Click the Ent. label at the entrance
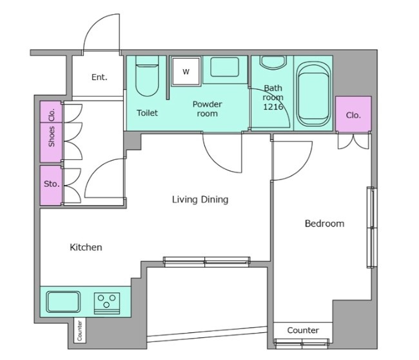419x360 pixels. click(x=99, y=77)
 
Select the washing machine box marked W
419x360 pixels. click(x=186, y=72)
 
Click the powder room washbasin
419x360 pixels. click(x=224, y=67)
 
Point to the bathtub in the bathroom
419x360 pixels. click(x=313, y=94)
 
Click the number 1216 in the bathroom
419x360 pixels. click(x=273, y=107)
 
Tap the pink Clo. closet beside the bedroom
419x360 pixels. click(x=353, y=114)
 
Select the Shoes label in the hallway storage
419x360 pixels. click(x=52, y=136)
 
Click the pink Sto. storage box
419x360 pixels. click(x=51, y=185)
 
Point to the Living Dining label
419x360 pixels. click(x=200, y=199)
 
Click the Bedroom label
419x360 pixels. click(x=324, y=223)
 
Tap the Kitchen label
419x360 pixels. click(x=86, y=247)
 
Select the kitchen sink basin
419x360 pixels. click(x=63, y=302)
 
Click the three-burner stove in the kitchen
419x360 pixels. click(x=107, y=303)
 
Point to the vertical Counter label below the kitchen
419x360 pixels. click(x=80, y=330)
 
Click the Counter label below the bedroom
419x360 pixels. click(x=303, y=330)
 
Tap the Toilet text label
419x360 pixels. click(x=147, y=113)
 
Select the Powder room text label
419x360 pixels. click(x=207, y=108)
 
